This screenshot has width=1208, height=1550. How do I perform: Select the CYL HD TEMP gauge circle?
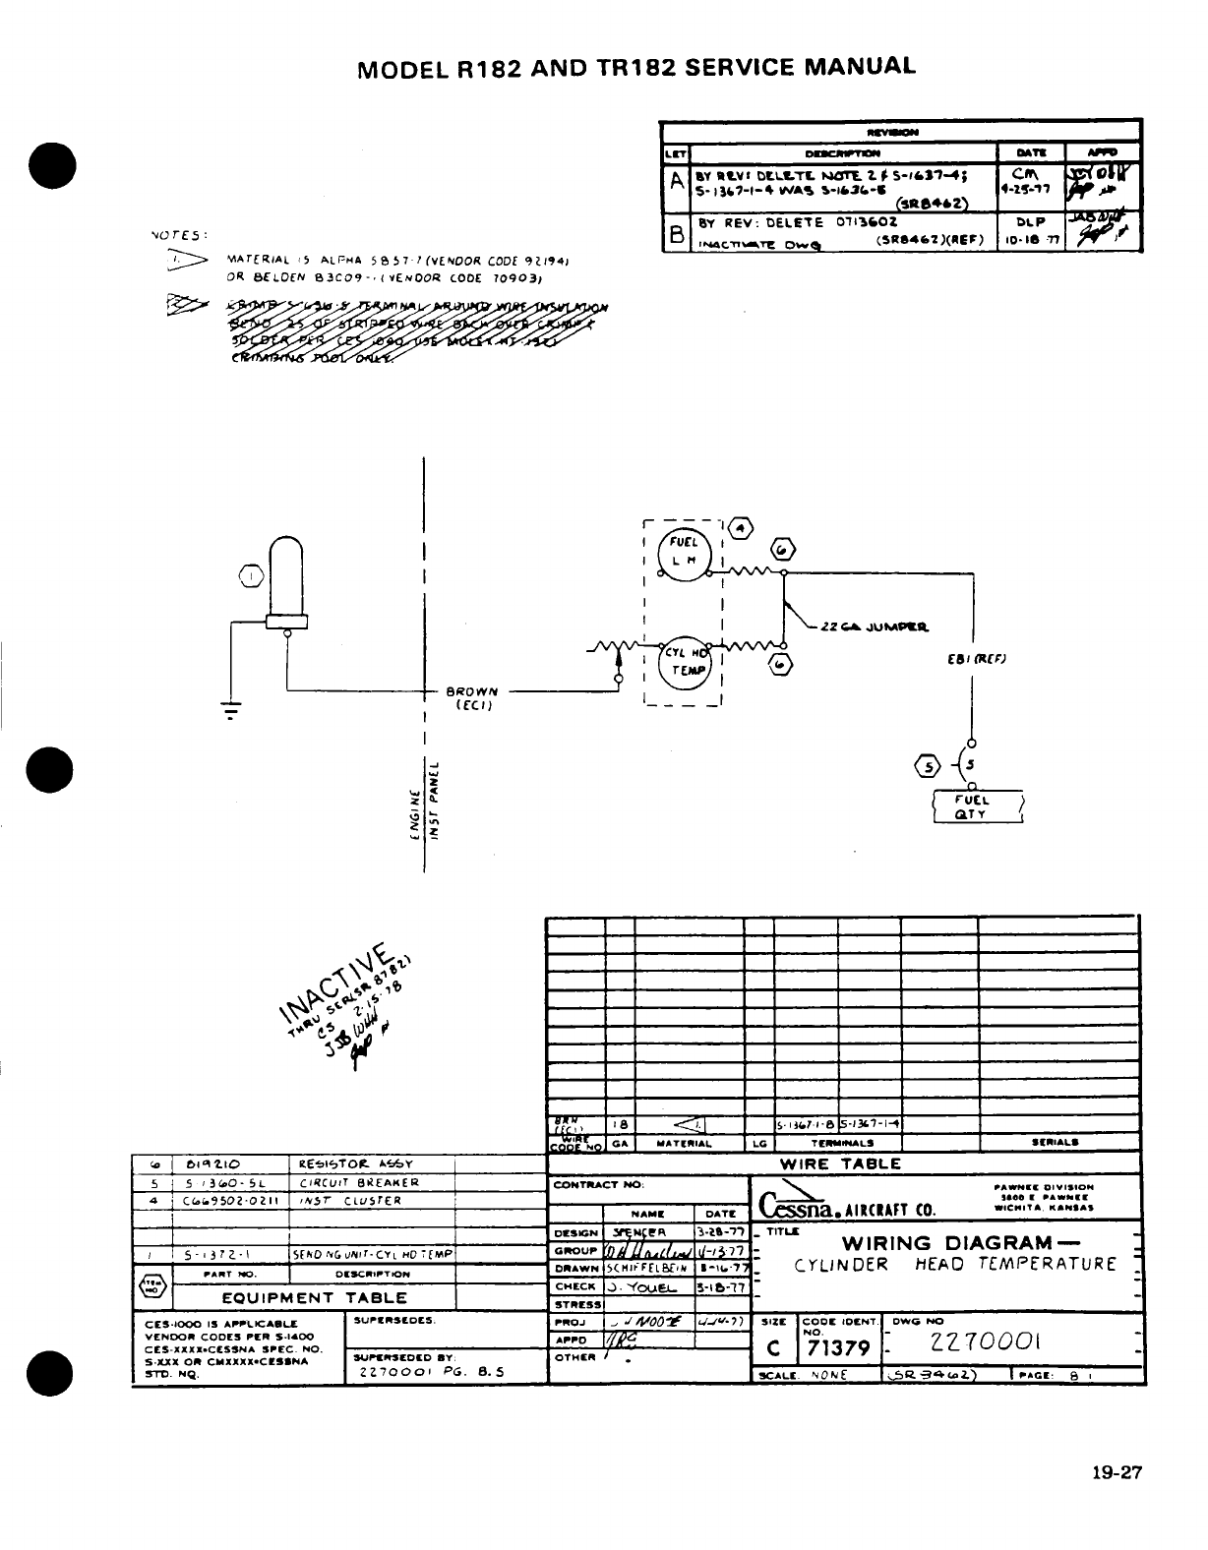pos(683,661)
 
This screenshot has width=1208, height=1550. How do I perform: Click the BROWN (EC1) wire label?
pos(473,697)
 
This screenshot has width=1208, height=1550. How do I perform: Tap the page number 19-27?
pos(1116,1472)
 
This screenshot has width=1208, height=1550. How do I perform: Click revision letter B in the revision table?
pos(677,235)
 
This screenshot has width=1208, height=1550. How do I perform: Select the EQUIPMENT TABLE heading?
pos(338,1298)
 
